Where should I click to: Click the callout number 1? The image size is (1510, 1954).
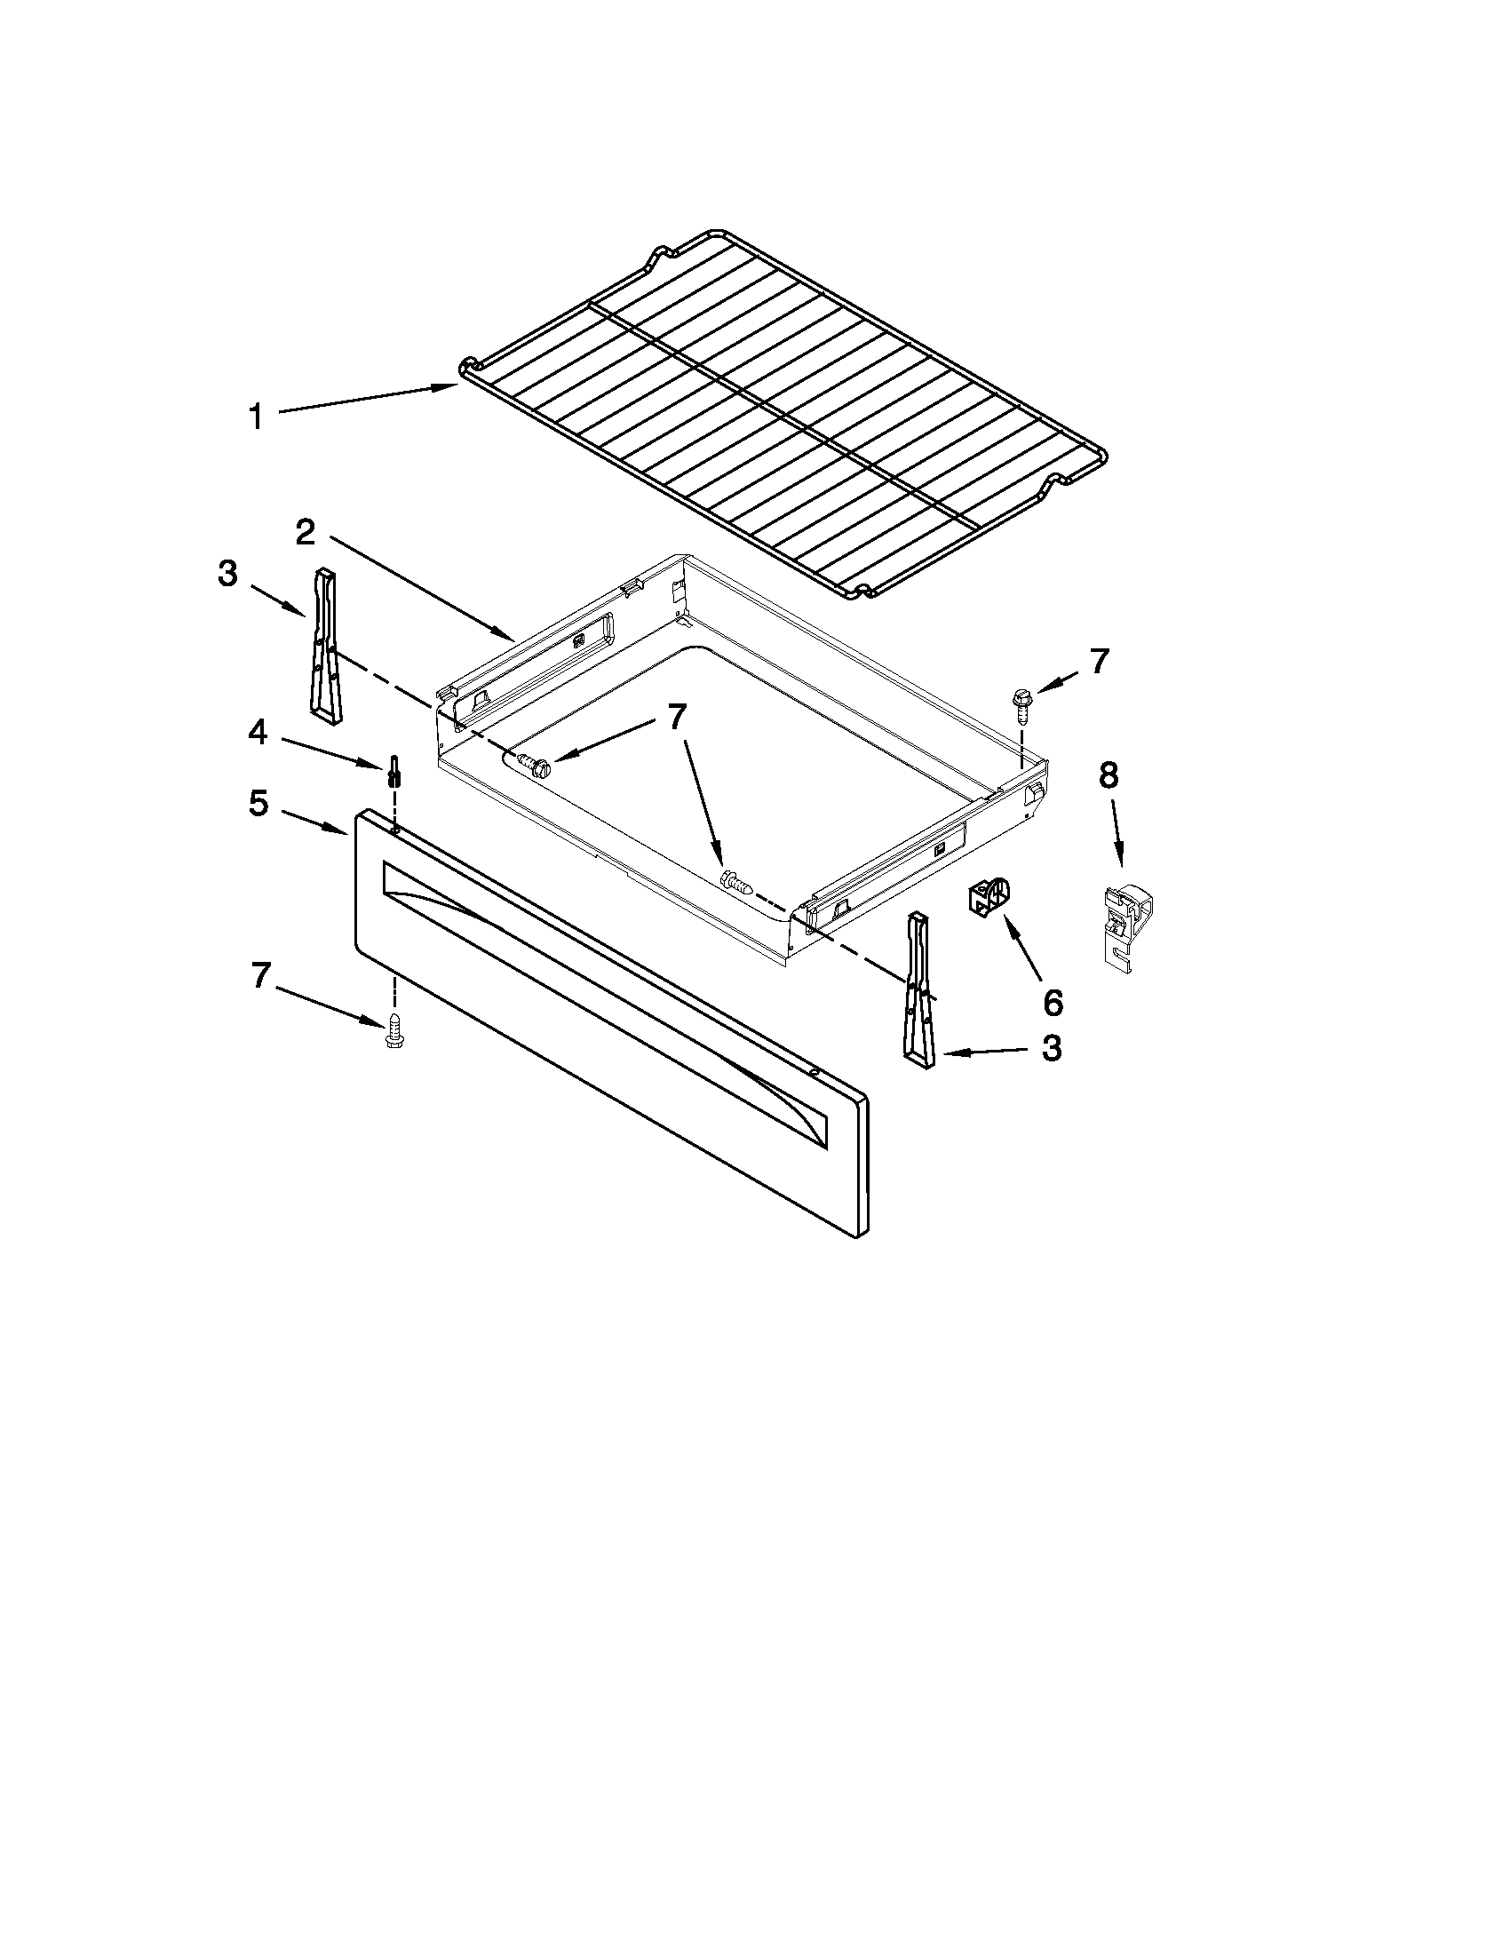[x=257, y=417]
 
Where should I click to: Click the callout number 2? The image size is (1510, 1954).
[x=305, y=533]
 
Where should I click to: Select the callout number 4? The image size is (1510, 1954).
[x=258, y=733]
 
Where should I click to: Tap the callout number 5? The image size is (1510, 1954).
[x=258, y=804]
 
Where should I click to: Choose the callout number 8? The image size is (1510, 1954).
[x=1108, y=775]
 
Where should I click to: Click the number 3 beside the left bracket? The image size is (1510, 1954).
[x=228, y=574]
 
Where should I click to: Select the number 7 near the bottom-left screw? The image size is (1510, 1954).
[x=260, y=975]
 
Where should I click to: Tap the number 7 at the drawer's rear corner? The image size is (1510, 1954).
[x=1099, y=661]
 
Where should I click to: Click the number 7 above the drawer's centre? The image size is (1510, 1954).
[x=677, y=716]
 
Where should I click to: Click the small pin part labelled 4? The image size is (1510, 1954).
[x=393, y=769]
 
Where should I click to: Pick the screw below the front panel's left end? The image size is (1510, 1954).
[x=392, y=1031]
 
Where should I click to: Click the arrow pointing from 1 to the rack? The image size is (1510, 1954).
[x=367, y=398]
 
